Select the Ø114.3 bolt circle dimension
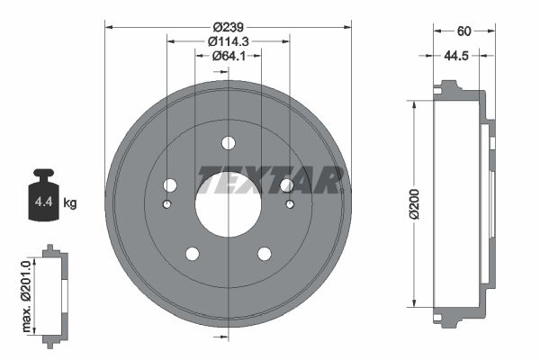[228, 41]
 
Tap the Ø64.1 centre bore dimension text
[228, 57]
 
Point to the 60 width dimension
[463, 31]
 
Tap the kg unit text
[71, 203]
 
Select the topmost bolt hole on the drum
[228, 142]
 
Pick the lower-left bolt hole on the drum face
[192, 254]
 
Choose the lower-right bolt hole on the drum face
[264, 254]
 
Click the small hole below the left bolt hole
[166, 204]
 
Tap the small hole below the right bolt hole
[290, 204]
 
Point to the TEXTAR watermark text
[270, 180]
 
